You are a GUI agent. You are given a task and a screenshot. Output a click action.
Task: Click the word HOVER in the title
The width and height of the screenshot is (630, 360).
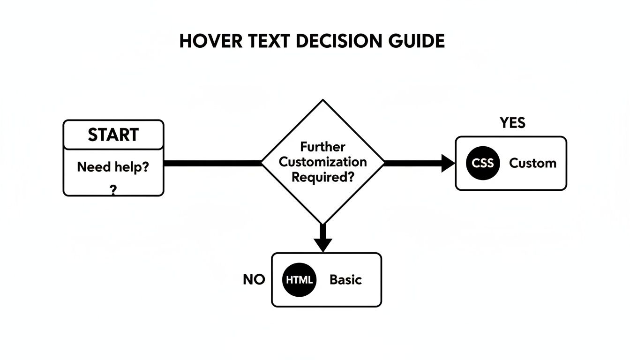[x=211, y=41]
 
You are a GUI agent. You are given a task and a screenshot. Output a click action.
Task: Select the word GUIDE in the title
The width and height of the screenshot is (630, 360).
[x=417, y=41]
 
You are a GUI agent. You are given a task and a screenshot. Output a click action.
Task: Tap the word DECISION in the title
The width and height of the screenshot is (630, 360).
[x=339, y=41]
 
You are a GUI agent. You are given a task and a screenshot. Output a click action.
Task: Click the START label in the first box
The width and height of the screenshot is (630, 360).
[x=113, y=135]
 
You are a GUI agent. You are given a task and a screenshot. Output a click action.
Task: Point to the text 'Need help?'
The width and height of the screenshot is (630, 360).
[x=113, y=167]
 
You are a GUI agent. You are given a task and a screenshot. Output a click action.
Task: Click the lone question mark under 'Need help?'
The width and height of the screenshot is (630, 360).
[x=113, y=190]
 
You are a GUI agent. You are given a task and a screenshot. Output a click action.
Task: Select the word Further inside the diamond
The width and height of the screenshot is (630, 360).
[x=322, y=147]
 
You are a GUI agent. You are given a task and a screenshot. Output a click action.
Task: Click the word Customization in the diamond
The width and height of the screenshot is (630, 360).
[x=323, y=162]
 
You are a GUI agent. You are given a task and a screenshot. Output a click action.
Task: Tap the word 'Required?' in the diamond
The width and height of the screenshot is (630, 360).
[x=323, y=177]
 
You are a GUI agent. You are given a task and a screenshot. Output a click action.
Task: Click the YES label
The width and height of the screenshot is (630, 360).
[x=512, y=123]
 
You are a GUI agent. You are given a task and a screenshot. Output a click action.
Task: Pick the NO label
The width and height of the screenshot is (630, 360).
[x=254, y=280]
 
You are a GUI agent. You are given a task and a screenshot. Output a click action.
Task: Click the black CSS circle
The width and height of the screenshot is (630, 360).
[x=483, y=163]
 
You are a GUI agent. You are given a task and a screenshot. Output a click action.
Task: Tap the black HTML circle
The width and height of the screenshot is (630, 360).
[x=299, y=280]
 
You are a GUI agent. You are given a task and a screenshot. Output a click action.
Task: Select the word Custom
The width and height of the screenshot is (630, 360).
[x=532, y=163]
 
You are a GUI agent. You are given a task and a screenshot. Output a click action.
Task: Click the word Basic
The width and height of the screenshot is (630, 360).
[x=345, y=280]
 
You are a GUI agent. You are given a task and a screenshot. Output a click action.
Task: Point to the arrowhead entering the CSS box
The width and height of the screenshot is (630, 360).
[x=448, y=163]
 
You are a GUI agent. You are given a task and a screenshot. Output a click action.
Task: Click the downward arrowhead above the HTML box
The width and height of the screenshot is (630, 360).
[x=323, y=245]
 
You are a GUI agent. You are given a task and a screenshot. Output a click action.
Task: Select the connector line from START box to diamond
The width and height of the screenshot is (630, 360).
[x=213, y=163]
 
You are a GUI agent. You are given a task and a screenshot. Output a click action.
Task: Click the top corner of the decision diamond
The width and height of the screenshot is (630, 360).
[x=323, y=99]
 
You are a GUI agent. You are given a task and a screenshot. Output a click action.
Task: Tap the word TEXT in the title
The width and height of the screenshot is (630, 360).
[x=269, y=41]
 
